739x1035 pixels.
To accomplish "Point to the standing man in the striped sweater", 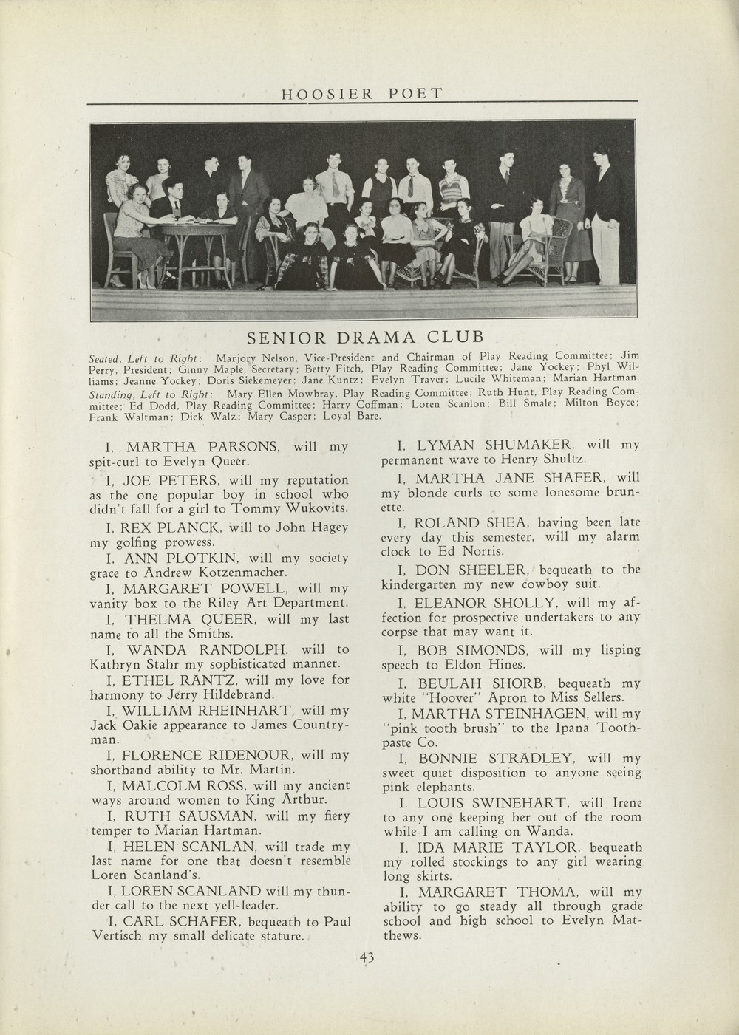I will [x=450, y=188].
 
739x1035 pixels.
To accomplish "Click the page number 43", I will [x=367, y=958].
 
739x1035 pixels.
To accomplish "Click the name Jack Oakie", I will [x=125, y=725].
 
